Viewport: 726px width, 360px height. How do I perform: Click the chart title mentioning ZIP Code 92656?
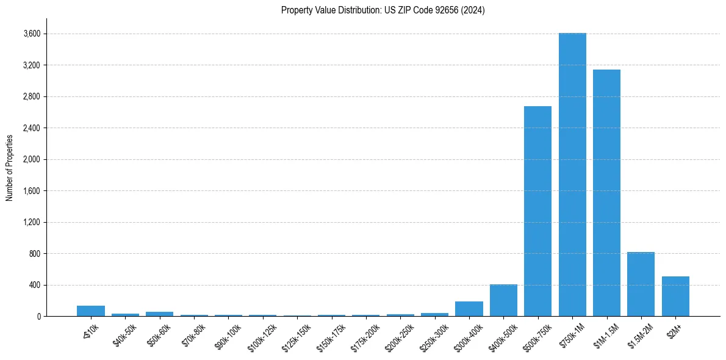(x=383, y=10)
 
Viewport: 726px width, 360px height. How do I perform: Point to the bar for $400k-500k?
(x=503, y=300)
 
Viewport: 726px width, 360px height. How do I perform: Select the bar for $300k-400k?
(x=469, y=309)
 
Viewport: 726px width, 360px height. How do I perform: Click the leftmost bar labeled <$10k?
(x=91, y=311)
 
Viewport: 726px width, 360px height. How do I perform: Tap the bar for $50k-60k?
(x=159, y=314)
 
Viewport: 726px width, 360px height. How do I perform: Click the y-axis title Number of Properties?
(x=10, y=167)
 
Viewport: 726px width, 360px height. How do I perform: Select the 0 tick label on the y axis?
(x=38, y=316)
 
